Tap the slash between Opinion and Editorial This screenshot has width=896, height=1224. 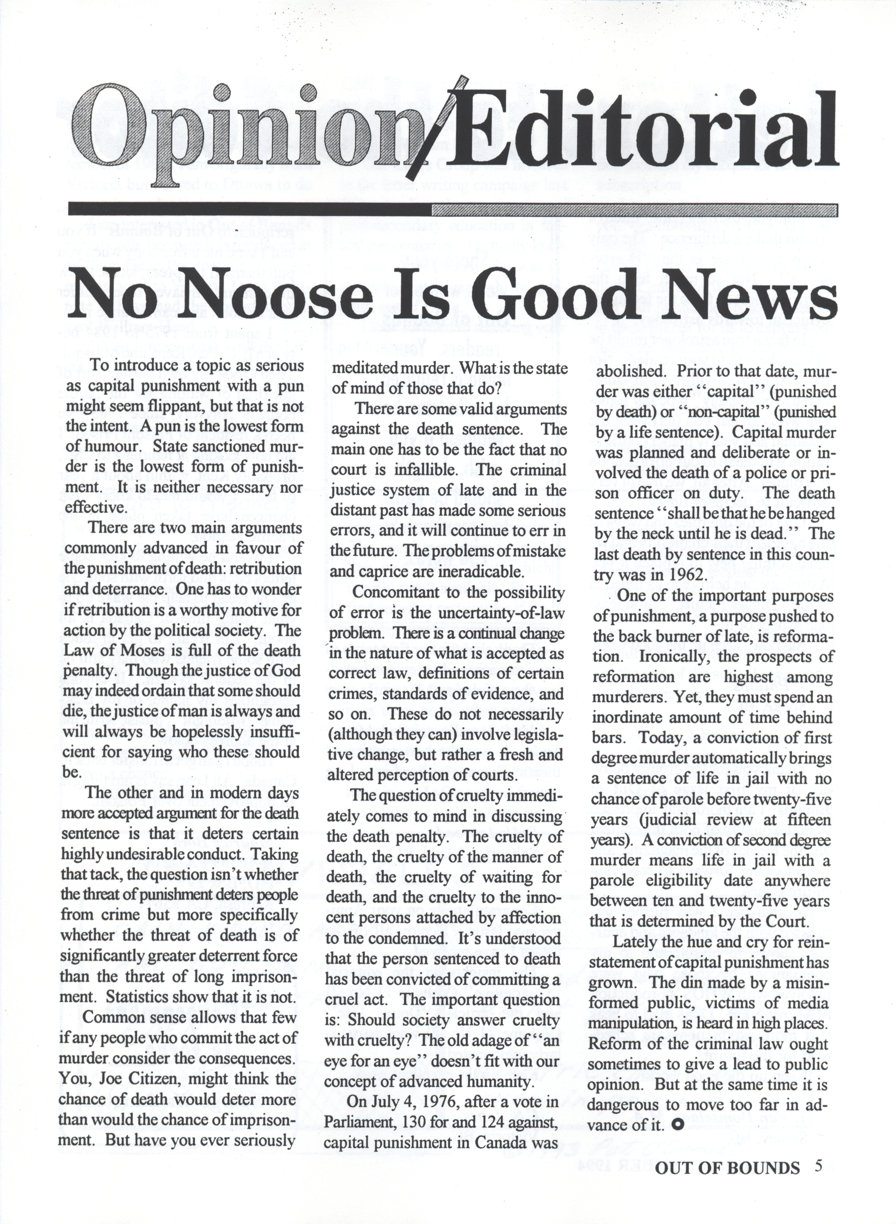click(439, 133)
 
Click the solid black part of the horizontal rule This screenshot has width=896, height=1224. click(250, 209)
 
